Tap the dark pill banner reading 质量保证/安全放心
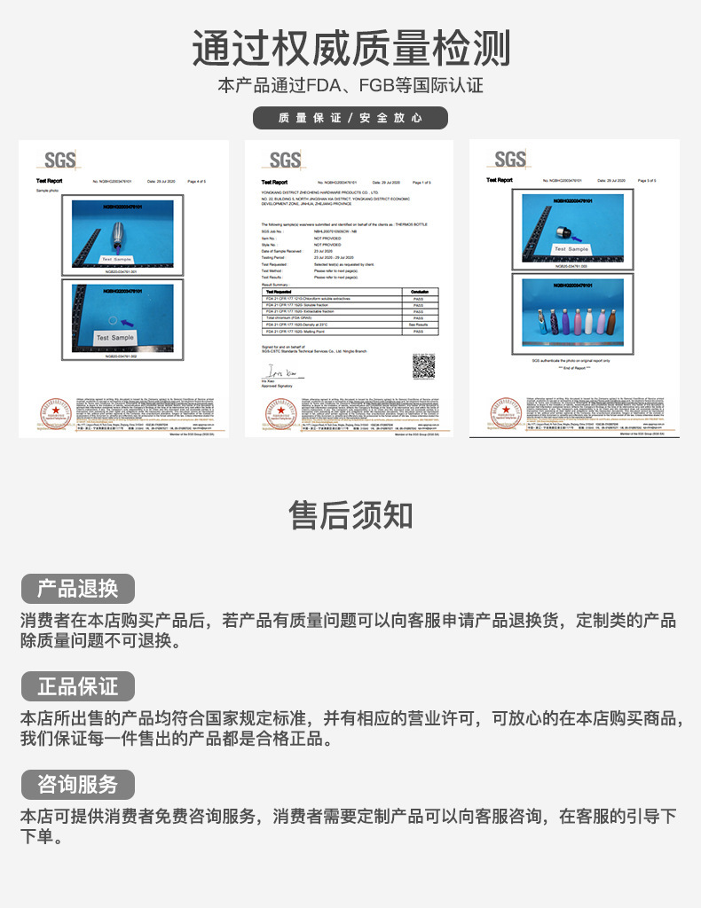click(x=350, y=118)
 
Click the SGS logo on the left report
click(x=59, y=160)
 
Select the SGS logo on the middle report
click(x=285, y=160)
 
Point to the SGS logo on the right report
click(x=509, y=160)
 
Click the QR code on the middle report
click(x=423, y=365)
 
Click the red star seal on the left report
click(x=56, y=414)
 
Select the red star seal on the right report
click(x=506, y=414)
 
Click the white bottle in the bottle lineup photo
click(x=590, y=320)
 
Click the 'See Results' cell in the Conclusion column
click(x=418, y=325)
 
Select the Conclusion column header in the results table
click(x=418, y=291)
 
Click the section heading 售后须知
click(x=350, y=514)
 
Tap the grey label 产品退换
click(x=77, y=589)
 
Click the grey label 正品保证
click(x=77, y=686)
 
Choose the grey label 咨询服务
click(x=77, y=785)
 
